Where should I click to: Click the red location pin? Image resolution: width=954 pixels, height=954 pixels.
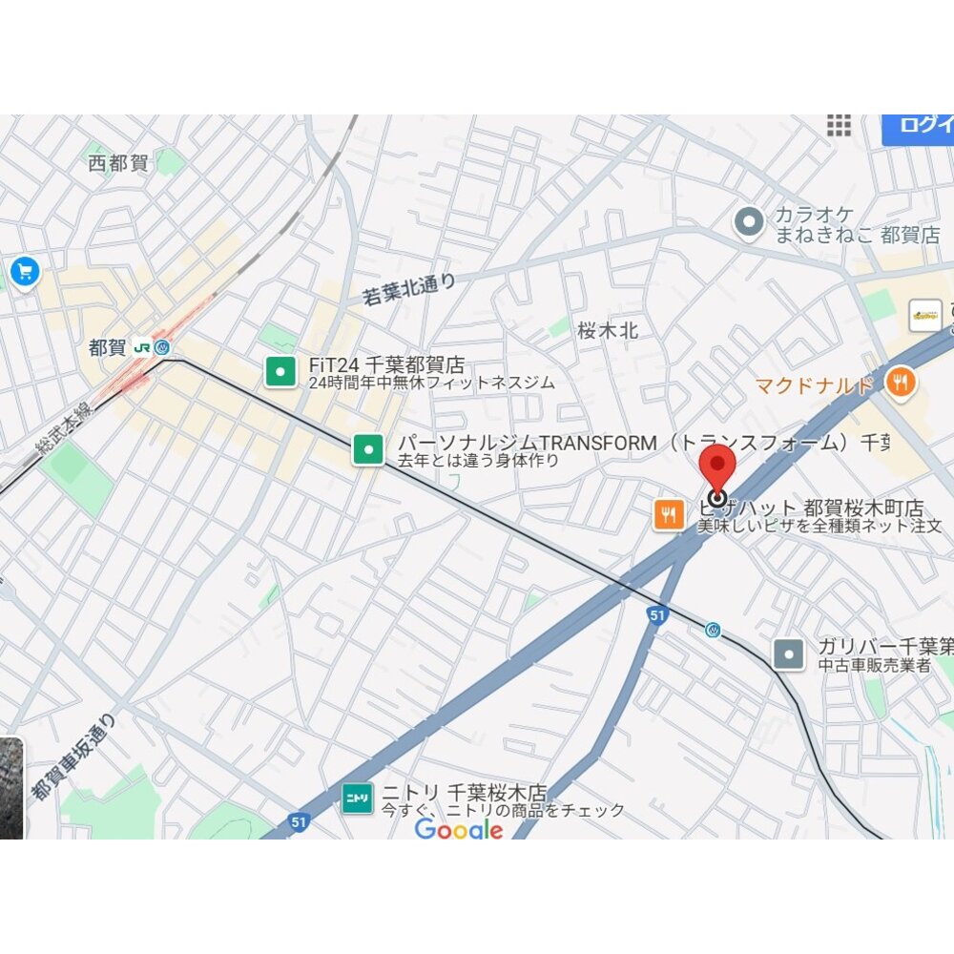click(717, 470)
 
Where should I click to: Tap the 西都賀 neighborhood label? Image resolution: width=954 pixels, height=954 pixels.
click(118, 163)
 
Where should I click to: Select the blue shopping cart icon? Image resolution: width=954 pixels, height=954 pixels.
click(23, 273)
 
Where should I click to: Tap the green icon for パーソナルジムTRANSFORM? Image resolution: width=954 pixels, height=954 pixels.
click(368, 449)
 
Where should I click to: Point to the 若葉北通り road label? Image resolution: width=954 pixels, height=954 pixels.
click(409, 289)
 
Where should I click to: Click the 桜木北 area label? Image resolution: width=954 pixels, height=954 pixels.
click(608, 331)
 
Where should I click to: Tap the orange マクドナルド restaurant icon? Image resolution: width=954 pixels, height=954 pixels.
click(900, 384)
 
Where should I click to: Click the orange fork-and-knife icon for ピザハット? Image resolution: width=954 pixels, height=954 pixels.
click(668, 515)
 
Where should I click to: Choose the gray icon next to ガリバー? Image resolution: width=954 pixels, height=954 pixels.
click(789, 654)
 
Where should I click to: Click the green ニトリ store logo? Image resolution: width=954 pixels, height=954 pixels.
click(358, 799)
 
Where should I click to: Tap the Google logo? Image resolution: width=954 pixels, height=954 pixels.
click(459, 830)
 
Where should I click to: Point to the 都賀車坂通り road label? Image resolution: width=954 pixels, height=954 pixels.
click(73, 758)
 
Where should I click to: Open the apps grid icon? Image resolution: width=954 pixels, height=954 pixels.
click(839, 125)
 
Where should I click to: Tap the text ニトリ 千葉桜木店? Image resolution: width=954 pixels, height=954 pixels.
click(465, 792)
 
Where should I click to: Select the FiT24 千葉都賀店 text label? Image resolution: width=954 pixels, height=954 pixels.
click(386, 364)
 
